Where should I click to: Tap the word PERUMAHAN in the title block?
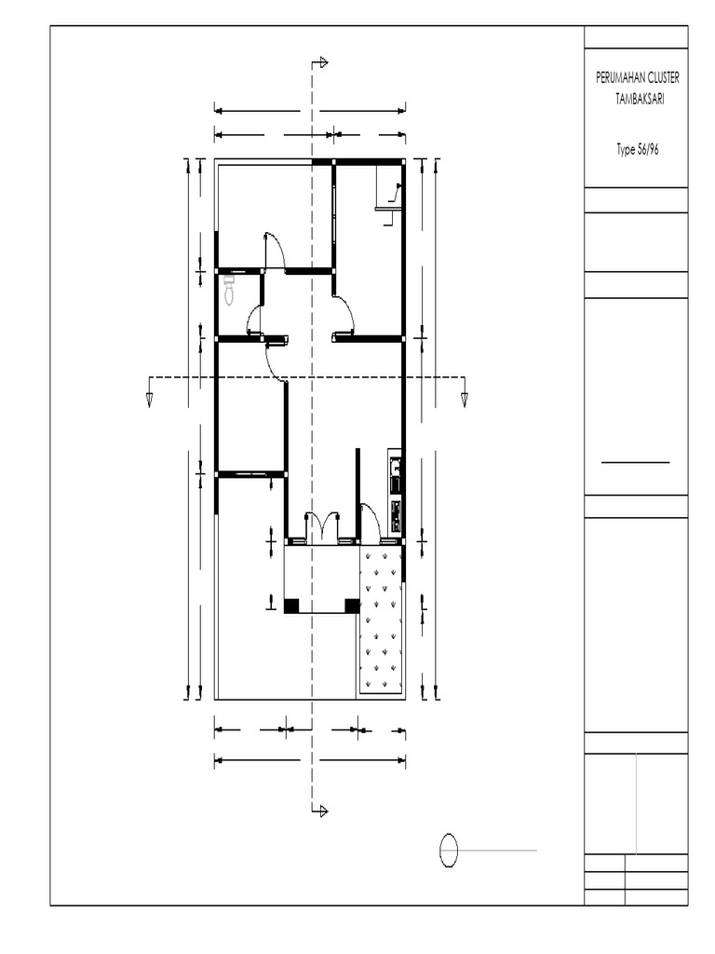pyautogui.click(x=616, y=78)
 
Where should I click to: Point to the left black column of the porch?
pyautogui.click(x=291, y=606)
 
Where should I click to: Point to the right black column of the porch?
pyautogui.click(x=352, y=606)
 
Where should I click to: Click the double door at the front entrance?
pyautogui.click(x=322, y=526)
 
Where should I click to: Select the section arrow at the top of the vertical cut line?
pyautogui.click(x=321, y=63)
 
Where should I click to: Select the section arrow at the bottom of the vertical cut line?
pyautogui.click(x=321, y=811)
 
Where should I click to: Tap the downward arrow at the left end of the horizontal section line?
pyautogui.click(x=150, y=399)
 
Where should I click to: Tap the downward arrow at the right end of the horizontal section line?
pyautogui.click(x=464, y=399)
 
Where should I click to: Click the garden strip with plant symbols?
pyautogui.click(x=380, y=620)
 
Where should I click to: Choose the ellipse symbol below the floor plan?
pyautogui.click(x=449, y=850)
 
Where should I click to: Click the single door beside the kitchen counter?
pyautogui.click(x=370, y=522)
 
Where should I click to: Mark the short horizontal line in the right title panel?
pyautogui.click(x=635, y=462)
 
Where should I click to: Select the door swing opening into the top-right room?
pyautogui.click(x=344, y=313)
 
